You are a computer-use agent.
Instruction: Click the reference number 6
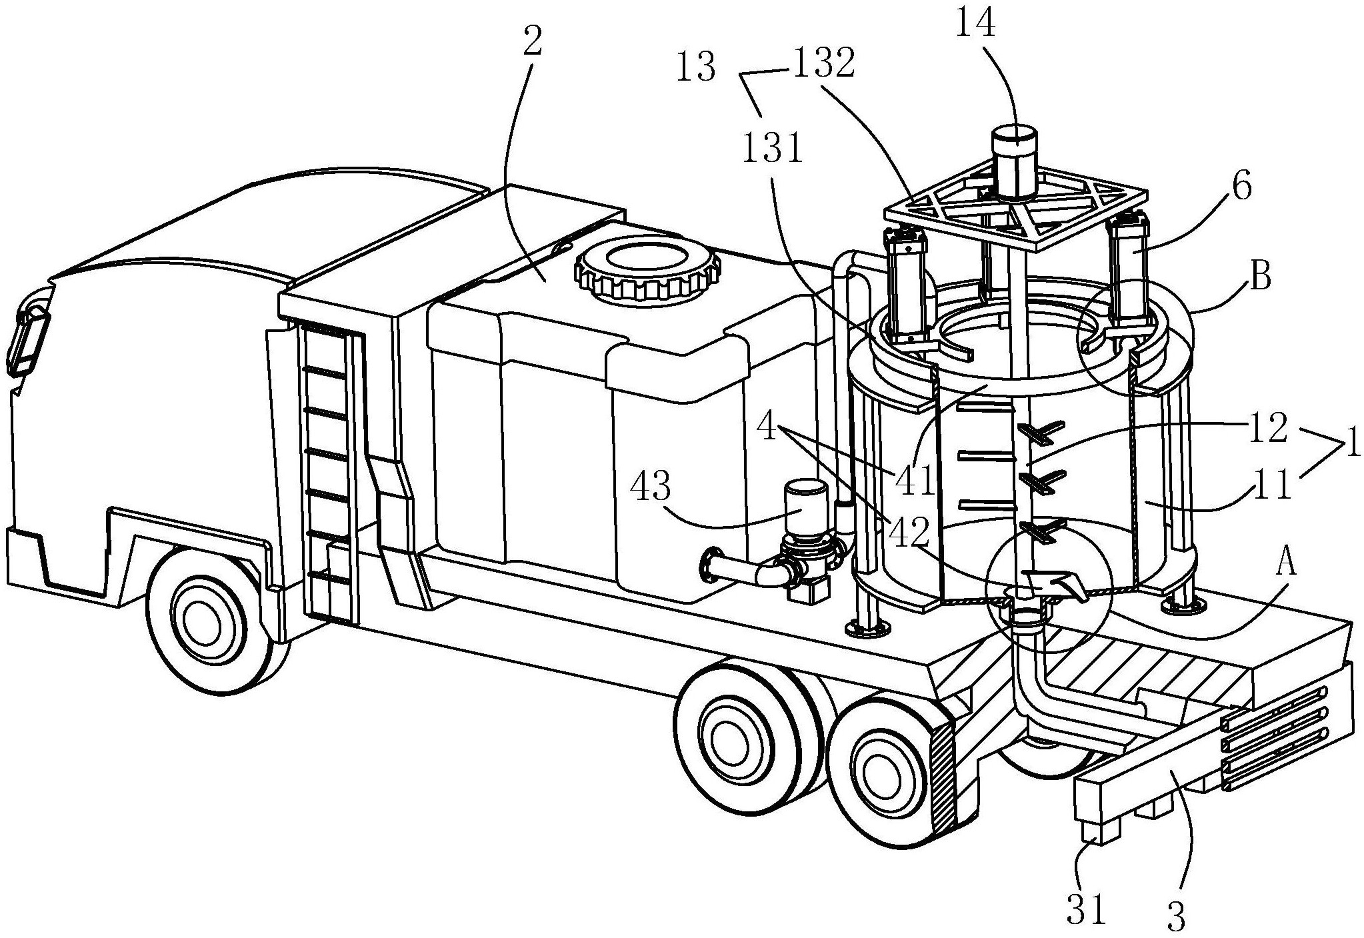(1241, 187)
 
